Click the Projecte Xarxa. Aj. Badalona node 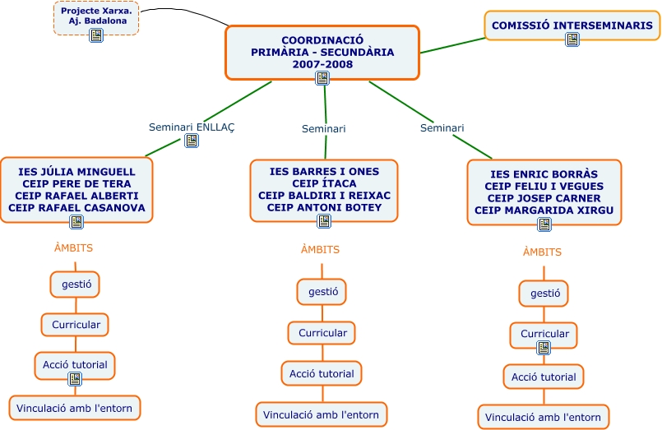pos(96,16)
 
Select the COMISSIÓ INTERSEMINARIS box pos(572,25)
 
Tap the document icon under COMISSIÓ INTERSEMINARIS pos(572,39)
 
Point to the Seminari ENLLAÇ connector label pos(192,127)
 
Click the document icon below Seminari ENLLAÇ pos(192,141)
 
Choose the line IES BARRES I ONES pos(324,172)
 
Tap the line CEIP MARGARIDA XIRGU pos(544,210)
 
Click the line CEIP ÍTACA pos(324,183)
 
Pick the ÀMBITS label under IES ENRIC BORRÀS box pos(542,252)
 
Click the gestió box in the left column pos(76,284)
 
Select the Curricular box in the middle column pos(322,333)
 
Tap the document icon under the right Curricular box pos(544,348)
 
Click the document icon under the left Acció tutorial pos(75,378)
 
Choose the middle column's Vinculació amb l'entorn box pos(321,414)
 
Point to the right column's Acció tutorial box pos(544,377)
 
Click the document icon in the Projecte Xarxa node pos(96,35)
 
